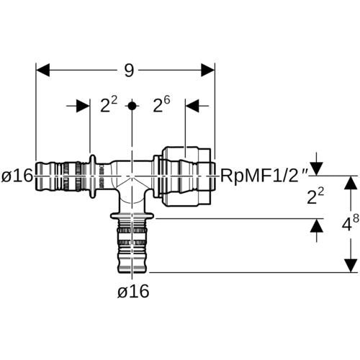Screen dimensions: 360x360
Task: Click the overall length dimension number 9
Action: [129, 71]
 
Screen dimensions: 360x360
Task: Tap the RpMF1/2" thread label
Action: [264, 176]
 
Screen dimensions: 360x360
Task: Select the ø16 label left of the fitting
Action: [17, 176]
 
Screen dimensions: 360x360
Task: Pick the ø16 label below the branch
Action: [133, 292]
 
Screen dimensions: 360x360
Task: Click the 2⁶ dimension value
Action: [161, 104]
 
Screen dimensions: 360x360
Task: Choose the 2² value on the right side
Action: [315, 196]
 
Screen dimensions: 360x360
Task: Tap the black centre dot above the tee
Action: [132, 106]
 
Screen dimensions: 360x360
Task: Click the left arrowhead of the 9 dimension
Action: [42, 71]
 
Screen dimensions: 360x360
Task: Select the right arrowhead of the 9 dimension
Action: [208, 71]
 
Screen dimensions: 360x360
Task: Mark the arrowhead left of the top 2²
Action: [83, 106]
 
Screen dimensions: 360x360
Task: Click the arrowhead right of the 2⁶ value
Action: [192, 106]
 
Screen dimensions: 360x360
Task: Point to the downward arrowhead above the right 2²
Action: [317, 169]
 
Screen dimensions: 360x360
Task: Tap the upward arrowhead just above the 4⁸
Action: [351, 183]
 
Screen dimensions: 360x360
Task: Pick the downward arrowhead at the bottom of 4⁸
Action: [351, 266]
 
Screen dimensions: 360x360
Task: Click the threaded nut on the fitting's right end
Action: [187, 176]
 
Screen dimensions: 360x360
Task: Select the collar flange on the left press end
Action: [93, 176]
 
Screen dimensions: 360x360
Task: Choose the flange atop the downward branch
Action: [132, 216]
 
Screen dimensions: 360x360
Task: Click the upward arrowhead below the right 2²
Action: [317, 226]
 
